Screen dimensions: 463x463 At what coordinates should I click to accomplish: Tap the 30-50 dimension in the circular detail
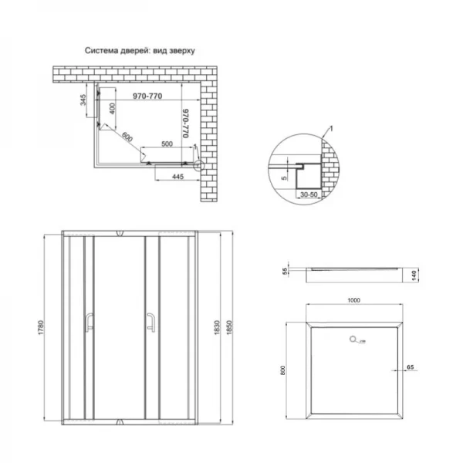[310, 196]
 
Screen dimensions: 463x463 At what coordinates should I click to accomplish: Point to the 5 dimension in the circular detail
[284, 177]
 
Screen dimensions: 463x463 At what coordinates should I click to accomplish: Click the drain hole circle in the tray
[353, 337]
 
